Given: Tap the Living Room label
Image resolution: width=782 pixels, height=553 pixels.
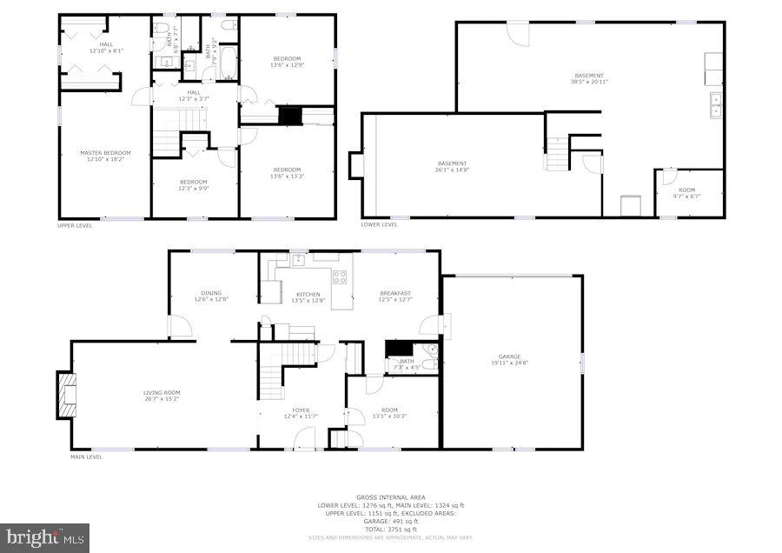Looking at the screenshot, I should (x=162, y=396).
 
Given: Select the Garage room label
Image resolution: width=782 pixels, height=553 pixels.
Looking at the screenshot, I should (x=509, y=359).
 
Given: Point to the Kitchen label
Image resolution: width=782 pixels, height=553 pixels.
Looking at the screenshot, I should (x=308, y=297).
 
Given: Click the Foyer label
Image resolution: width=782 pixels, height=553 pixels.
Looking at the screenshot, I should (x=301, y=412).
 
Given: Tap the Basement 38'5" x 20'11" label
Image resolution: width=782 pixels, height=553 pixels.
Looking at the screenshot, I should (x=589, y=78).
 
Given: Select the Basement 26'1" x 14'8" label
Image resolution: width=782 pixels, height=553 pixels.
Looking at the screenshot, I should (x=452, y=166).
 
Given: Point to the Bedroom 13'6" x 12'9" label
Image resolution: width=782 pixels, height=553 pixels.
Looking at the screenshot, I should (x=287, y=62).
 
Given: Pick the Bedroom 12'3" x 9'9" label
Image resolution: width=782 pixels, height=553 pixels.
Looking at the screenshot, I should (x=193, y=184).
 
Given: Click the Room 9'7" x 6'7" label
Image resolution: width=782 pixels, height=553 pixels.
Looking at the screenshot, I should (x=687, y=193).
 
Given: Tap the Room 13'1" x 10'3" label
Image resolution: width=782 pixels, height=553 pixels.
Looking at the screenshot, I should (x=389, y=412).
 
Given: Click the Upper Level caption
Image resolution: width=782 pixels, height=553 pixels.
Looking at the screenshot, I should (x=75, y=225).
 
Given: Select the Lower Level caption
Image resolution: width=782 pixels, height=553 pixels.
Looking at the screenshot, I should (x=380, y=225).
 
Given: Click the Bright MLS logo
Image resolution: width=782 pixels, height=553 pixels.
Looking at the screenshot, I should (x=45, y=537).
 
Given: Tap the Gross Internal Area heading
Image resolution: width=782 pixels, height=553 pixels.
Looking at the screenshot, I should (x=391, y=497).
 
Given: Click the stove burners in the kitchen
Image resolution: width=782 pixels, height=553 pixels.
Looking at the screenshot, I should (x=340, y=278).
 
